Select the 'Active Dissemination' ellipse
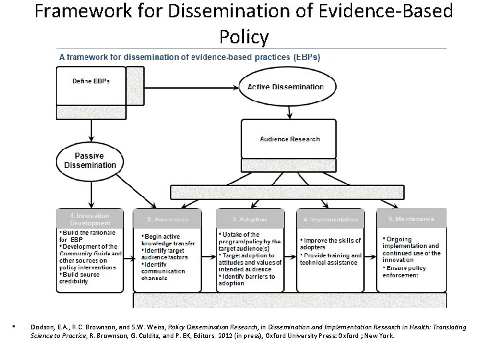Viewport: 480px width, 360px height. [285, 87]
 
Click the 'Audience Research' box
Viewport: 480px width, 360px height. [289, 139]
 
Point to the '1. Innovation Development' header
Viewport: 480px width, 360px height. [90, 219]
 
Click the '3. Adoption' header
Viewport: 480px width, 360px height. [249, 219]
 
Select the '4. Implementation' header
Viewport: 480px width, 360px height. [330, 219]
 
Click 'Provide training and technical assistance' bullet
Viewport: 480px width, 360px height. [331, 259]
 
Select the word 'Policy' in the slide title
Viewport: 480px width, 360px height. [243, 37]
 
